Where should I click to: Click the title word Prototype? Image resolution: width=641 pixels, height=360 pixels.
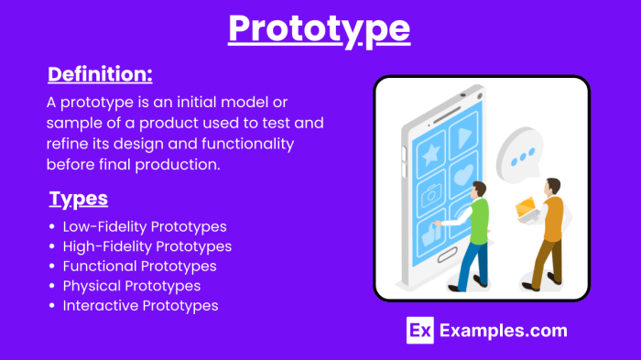click(319, 28)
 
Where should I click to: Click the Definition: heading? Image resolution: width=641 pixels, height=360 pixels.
click(100, 73)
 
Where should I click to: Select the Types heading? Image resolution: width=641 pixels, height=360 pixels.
click(78, 199)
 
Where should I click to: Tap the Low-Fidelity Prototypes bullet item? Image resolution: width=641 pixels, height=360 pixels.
click(144, 226)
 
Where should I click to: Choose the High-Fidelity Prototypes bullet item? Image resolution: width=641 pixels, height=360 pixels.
click(147, 246)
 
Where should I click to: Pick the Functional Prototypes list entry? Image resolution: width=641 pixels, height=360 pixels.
click(139, 267)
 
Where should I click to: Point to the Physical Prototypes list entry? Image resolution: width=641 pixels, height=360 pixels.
click(131, 286)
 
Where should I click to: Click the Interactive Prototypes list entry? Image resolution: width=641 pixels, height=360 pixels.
click(140, 306)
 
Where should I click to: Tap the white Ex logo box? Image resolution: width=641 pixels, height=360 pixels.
click(419, 331)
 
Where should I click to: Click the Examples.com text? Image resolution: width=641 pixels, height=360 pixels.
click(503, 331)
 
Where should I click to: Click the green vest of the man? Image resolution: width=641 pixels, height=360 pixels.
click(478, 217)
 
